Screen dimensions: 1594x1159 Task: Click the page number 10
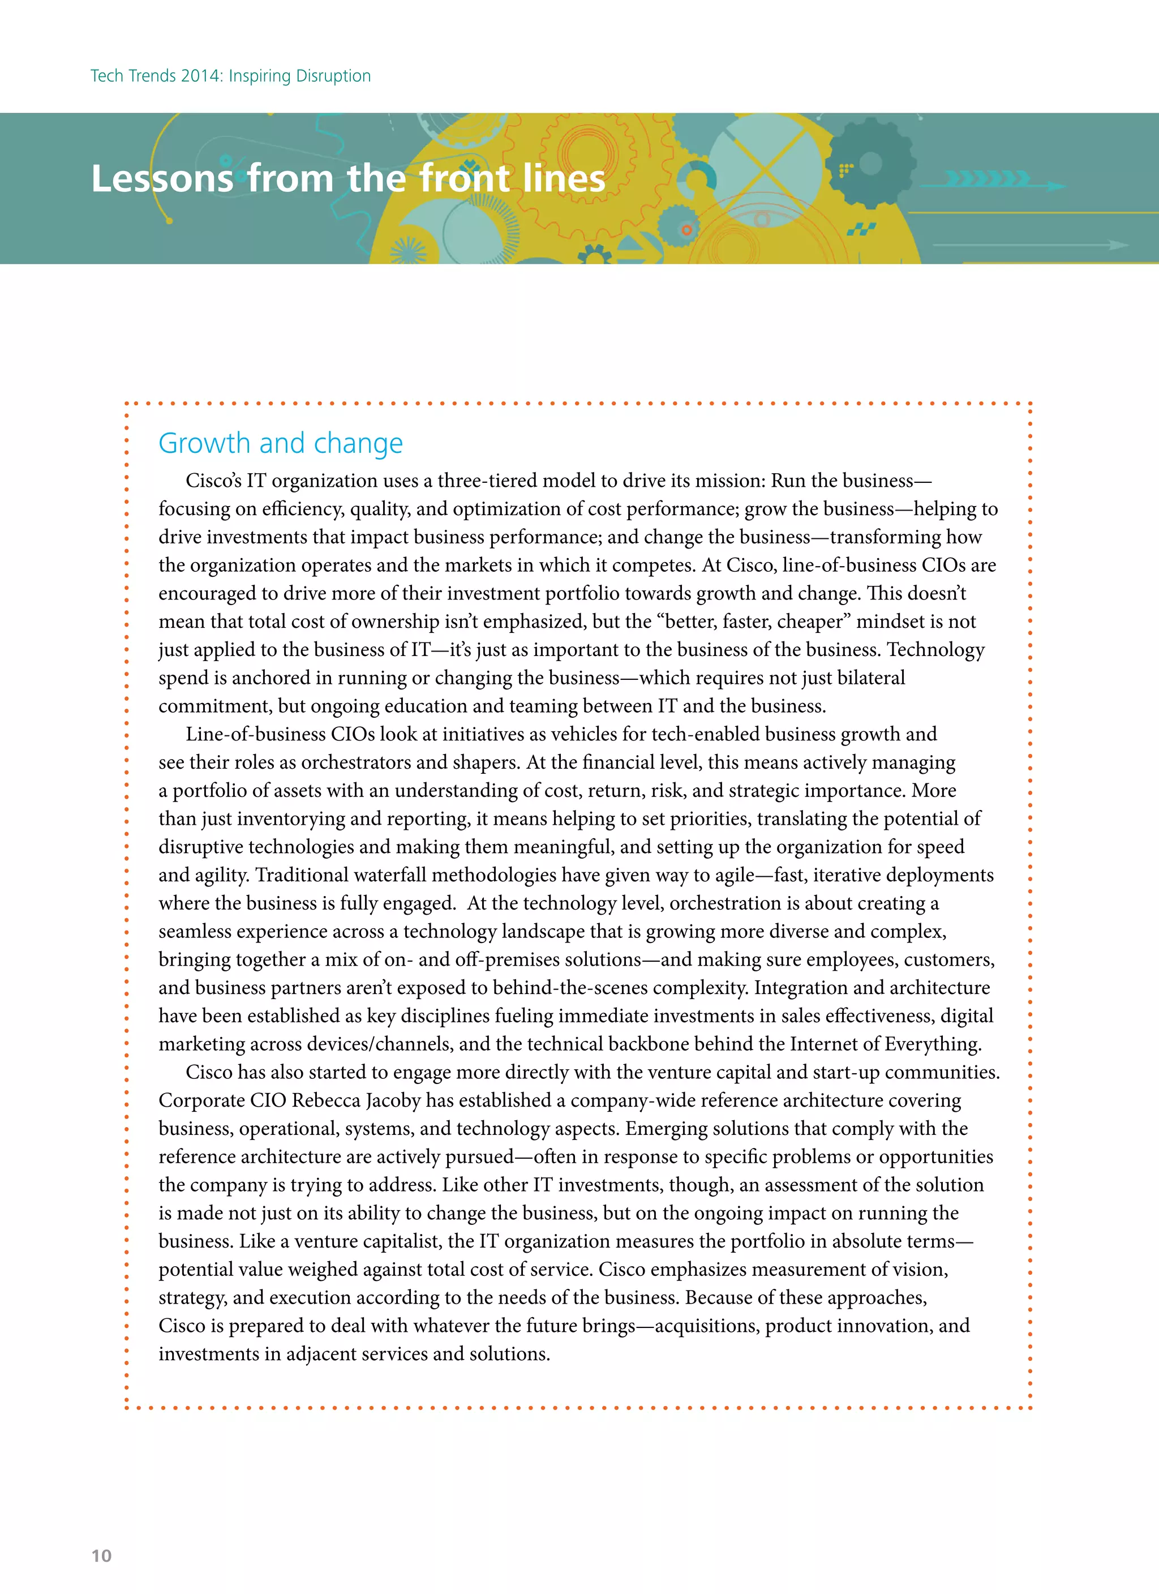101,1556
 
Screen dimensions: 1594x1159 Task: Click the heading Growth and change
281,443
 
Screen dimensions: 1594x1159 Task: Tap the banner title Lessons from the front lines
348,178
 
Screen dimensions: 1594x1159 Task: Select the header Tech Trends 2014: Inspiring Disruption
230,76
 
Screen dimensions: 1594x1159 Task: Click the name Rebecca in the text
325,1100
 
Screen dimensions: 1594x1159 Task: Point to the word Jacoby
394,1100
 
